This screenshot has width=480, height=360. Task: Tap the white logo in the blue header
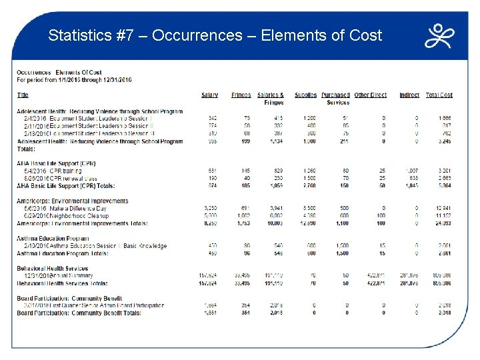tap(439, 36)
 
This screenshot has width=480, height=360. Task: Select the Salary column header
tap(209, 95)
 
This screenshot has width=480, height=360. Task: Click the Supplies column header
tap(305, 95)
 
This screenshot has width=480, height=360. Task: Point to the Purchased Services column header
tap(335, 99)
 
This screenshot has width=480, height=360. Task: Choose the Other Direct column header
tap(370, 95)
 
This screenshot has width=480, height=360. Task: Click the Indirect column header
tap(409, 95)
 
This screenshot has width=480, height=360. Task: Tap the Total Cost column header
tap(439, 95)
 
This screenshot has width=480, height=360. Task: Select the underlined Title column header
tap(23, 95)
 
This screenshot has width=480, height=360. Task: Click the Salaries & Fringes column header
tap(270, 99)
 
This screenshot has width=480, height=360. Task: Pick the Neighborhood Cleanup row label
tap(78, 216)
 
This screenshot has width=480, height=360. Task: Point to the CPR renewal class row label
tap(73, 178)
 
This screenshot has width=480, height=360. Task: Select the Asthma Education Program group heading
tap(53, 238)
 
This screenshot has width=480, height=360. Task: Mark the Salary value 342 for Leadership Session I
tap(213, 118)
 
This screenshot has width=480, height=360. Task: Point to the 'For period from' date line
tap(74, 79)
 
